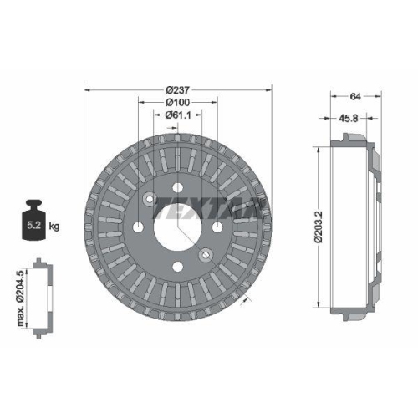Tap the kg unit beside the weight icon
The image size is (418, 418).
click(54, 226)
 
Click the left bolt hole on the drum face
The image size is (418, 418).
click(136, 227)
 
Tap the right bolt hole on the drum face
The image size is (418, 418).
click(217, 227)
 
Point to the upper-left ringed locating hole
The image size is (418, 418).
click(148, 199)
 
